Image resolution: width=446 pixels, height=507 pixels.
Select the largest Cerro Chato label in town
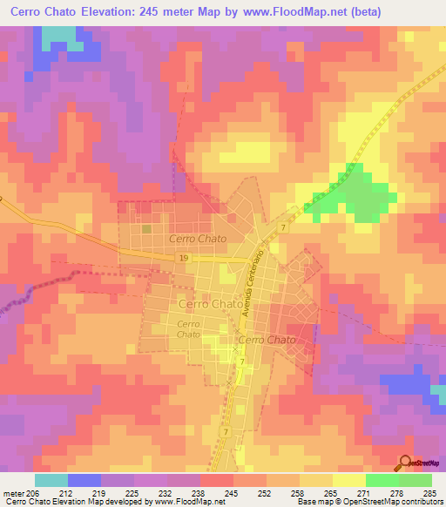coord(211,304)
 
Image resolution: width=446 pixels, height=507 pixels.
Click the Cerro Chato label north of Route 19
coord(198,238)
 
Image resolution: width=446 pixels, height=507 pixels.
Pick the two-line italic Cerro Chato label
coord(188,329)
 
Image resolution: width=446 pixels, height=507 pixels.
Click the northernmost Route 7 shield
coord(284,227)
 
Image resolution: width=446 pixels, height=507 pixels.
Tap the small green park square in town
coord(147,228)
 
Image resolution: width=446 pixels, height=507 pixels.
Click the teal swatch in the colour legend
coord(51,480)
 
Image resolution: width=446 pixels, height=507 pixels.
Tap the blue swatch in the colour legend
coord(84,480)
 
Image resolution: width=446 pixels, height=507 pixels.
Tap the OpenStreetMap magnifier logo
coord(405,464)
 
